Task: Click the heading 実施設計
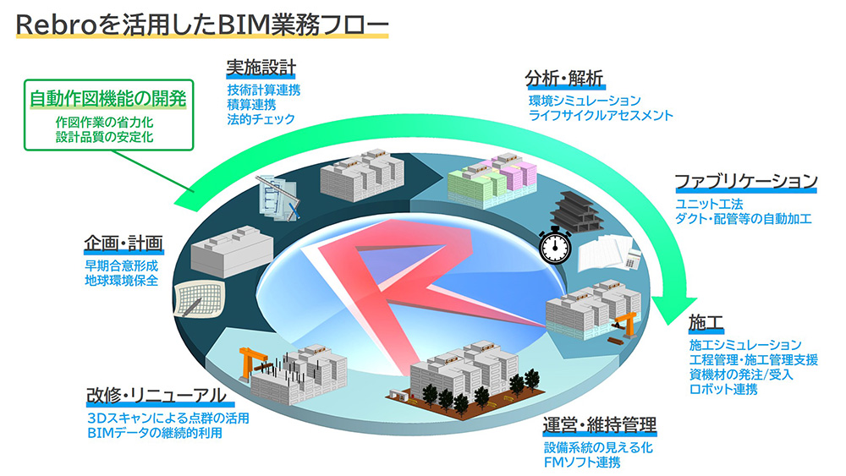261,67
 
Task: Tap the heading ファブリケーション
745,181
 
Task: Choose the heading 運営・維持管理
600,424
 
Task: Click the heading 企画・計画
123,244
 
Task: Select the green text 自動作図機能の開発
107,98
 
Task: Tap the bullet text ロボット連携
723,390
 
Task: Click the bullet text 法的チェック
261,119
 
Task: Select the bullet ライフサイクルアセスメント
601,115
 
